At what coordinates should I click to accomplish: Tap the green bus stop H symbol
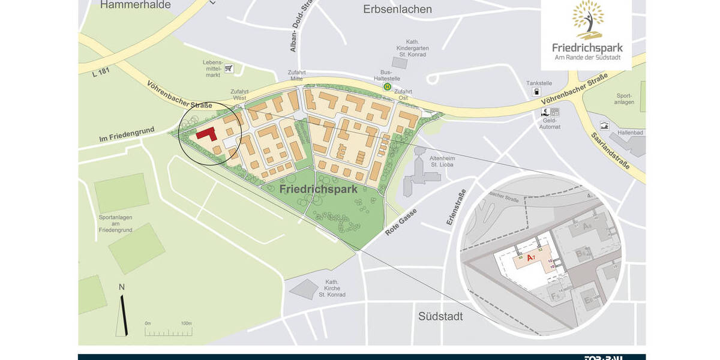click(x=388, y=86)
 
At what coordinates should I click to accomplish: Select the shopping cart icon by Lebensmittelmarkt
click(x=229, y=68)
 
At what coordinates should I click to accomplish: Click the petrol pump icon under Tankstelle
click(x=536, y=92)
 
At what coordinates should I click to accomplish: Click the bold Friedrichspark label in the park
click(x=318, y=189)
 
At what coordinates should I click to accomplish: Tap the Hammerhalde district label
click(x=135, y=5)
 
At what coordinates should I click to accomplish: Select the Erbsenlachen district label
click(x=397, y=9)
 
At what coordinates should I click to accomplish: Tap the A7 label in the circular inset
click(x=530, y=258)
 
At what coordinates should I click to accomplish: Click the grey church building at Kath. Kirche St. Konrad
click(x=304, y=289)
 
